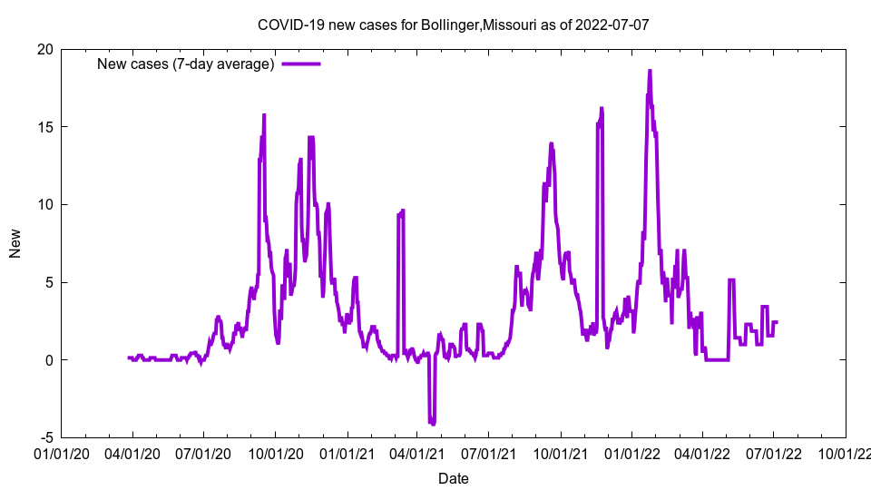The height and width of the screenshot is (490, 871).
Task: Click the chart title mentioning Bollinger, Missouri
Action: (x=453, y=24)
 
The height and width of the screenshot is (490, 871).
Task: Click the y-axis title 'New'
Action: (x=15, y=243)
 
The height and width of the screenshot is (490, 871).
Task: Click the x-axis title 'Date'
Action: (x=453, y=478)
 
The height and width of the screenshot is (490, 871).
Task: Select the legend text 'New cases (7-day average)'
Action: (x=186, y=64)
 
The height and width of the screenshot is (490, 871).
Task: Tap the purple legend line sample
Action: (x=300, y=64)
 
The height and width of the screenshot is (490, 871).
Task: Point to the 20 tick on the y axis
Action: (x=44, y=49)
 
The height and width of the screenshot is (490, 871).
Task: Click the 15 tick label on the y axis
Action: (x=44, y=127)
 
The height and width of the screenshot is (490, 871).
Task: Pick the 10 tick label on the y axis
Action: (x=44, y=204)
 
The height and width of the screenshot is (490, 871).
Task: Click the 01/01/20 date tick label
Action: (x=61, y=452)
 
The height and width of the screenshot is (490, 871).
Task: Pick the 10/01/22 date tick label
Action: (x=846, y=452)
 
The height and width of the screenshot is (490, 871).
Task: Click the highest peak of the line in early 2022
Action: (x=650, y=71)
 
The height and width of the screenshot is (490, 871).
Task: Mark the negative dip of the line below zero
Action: (x=433, y=422)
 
